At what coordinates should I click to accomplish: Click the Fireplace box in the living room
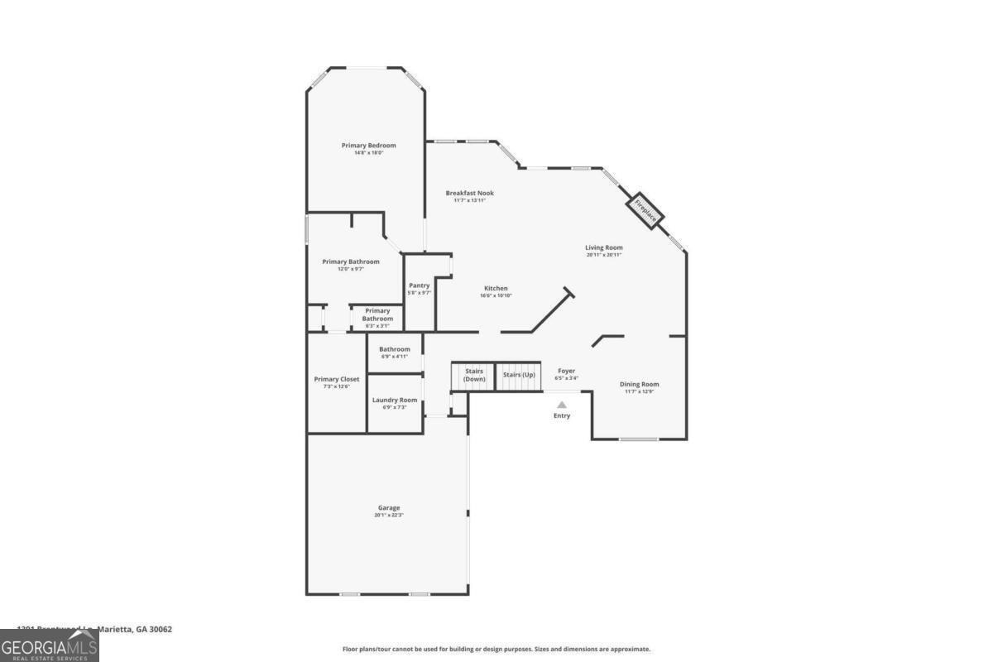pyautogui.click(x=646, y=210)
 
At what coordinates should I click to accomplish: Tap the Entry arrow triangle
pyautogui.click(x=562, y=405)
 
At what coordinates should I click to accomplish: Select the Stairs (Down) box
pyautogui.click(x=473, y=376)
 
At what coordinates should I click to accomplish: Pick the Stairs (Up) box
pyautogui.click(x=519, y=376)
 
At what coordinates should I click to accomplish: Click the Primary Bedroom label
pyautogui.click(x=368, y=146)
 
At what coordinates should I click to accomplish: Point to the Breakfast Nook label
pyautogui.click(x=469, y=193)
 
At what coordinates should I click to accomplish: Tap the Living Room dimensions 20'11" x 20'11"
pyautogui.click(x=603, y=255)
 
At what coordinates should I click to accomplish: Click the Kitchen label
pyautogui.click(x=496, y=288)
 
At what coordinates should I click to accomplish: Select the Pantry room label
pyautogui.click(x=420, y=285)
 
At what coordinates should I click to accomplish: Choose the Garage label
pyautogui.click(x=389, y=507)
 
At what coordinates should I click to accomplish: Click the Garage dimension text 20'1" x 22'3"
pyautogui.click(x=389, y=516)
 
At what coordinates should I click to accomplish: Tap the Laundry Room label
pyautogui.click(x=395, y=400)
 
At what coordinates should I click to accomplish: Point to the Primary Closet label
pyautogui.click(x=337, y=379)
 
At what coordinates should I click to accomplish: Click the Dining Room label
pyautogui.click(x=640, y=384)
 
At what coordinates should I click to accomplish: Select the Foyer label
pyautogui.click(x=566, y=371)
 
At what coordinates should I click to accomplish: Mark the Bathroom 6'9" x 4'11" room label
pyautogui.click(x=395, y=349)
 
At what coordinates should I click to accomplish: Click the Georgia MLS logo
pyautogui.click(x=50, y=645)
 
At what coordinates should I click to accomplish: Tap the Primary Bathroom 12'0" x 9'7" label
pyautogui.click(x=351, y=261)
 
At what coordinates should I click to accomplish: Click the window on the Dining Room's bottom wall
pyautogui.click(x=639, y=439)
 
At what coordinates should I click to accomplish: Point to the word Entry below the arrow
pyautogui.click(x=562, y=415)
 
